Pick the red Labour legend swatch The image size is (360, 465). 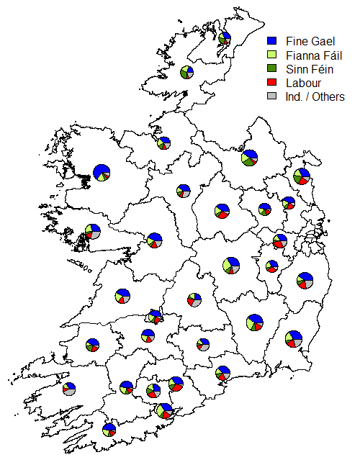[x=271, y=83]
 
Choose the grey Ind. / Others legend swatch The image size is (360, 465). [x=271, y=96]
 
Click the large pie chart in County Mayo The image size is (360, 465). [x=102, y=173]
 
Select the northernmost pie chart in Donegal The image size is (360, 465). [x=225, y=38]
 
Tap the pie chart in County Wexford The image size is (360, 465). [x=293, y=338]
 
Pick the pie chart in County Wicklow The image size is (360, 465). [x=305, y=280]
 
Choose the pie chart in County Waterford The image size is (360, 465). [x=223, y=373]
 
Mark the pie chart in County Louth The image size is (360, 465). [x=301, y=176]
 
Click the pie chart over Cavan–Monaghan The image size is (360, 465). [x=249, y=157]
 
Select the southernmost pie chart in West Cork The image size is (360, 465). [x=109, y=430]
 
